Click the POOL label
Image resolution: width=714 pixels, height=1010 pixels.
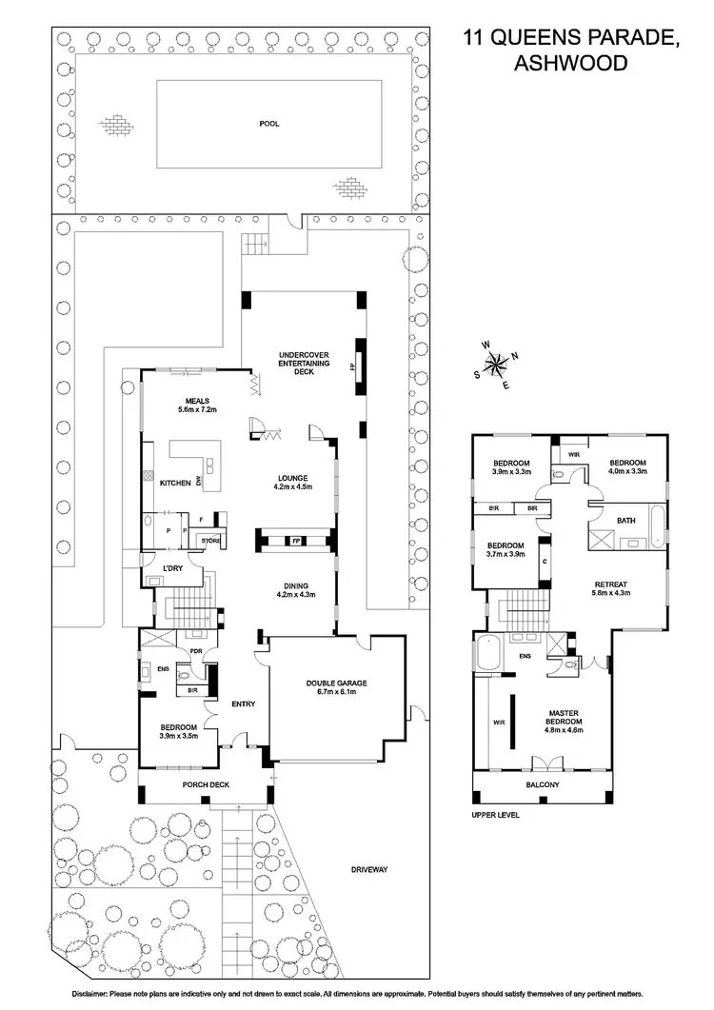click(269, 124)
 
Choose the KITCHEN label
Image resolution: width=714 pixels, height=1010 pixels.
click(175, 483)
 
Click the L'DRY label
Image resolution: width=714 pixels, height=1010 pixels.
click(171, 568)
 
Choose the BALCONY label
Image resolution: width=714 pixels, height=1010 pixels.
click(542, 785)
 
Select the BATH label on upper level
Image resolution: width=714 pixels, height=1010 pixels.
click(625, 521)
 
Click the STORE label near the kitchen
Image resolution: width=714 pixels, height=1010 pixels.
click(209, 541)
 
